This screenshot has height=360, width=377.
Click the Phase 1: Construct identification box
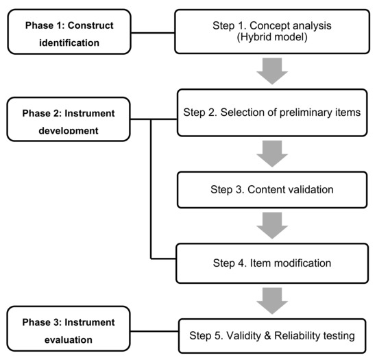69,32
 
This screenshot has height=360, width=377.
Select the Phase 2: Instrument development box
69,119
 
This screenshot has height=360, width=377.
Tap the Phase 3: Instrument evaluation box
69,328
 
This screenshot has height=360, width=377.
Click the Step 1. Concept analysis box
272,32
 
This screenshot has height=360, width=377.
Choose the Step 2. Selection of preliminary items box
272,112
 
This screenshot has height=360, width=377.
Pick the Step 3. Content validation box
272,190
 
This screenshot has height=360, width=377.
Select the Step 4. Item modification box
272,263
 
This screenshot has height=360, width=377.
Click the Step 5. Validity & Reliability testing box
272,336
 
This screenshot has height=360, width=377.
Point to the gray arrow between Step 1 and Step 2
272,71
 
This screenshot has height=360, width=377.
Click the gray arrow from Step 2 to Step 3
272,154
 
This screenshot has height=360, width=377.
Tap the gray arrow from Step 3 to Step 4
272,226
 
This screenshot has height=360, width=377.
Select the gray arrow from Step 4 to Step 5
272,301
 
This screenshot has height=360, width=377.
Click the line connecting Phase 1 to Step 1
153,33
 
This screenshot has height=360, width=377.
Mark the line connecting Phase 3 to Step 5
154,331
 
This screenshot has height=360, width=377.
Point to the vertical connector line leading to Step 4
151,189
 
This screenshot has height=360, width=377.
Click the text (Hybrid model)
272,37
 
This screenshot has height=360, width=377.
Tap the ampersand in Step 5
267,336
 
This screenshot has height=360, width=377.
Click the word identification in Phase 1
69,43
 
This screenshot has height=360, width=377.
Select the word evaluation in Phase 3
69,340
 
